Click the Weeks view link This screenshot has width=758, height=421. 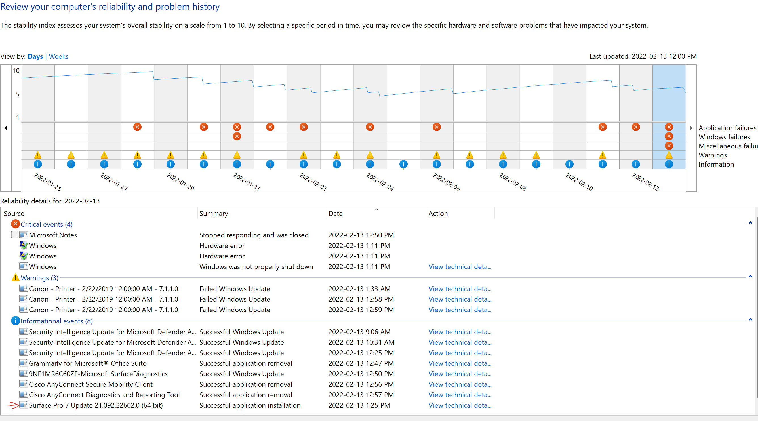(58, 56)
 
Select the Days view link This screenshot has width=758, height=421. (35, 56)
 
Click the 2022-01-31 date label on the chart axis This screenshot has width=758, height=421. (246, 182)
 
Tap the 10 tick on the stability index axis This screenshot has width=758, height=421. (16, 71)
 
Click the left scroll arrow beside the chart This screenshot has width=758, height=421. (6, 128)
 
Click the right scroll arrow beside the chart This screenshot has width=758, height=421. (692, 128)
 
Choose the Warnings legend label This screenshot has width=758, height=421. (712, 155)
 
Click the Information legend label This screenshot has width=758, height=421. (716, 165)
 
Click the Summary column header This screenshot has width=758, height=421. (214, 214)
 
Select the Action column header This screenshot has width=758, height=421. (438, 214)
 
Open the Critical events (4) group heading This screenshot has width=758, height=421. (47, 224)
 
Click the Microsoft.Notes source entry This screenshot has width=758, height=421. (53, 235)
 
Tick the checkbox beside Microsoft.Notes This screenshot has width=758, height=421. (15, 235)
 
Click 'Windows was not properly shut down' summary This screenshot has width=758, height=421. (256, 267)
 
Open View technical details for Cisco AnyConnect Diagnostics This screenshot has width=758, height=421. (460, 395)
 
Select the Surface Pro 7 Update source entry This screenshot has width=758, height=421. (96, 405)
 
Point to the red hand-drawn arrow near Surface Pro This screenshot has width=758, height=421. (13, 405)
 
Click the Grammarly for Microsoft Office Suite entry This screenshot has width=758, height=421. (87, 363)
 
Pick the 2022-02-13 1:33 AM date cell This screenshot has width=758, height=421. (360, 289)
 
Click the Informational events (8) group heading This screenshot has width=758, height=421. (56, 321)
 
